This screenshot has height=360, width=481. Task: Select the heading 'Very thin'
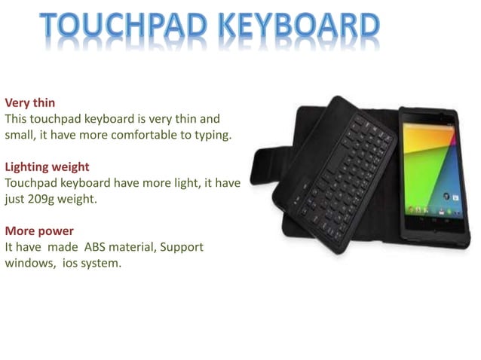[x=30, y=102]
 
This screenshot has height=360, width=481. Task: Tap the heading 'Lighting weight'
[x=47, y=166]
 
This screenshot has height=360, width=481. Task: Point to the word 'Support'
[x=181, y=247]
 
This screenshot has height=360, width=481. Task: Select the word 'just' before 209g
[x=17, y=200]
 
